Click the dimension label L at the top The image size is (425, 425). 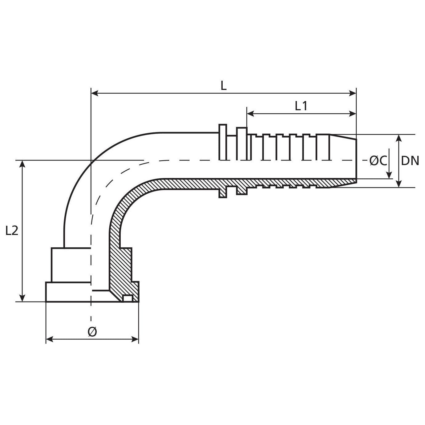(224, 86)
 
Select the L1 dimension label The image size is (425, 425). (301, 106)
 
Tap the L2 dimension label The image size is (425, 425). (12, 231)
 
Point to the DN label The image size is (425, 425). (410, 161)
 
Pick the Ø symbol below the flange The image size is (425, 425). (92, 332)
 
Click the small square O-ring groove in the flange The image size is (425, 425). (128, 298)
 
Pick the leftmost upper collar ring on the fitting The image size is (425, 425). (223, 142)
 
